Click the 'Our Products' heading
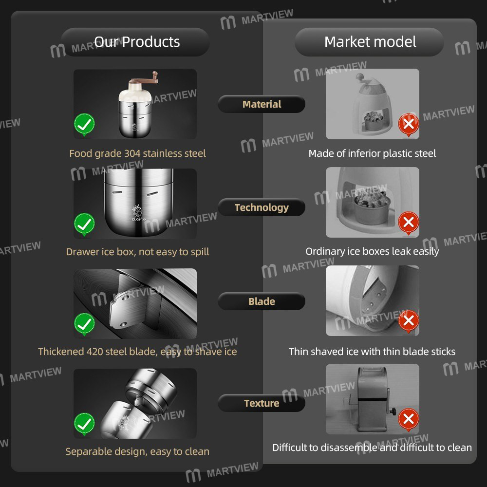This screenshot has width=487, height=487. click(137, 42)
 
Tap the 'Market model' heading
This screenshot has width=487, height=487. click(370, 42)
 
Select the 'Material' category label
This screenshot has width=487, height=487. click(262, 104)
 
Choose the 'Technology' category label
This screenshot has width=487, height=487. click(262, 207)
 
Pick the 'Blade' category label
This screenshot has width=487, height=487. click(262, 301)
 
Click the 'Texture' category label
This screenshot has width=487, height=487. click(262, 403)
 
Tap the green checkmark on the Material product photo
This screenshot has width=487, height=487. click(84, 125)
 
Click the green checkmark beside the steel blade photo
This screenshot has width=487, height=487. click(84, 324)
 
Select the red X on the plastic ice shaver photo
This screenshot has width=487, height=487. click(409, 124)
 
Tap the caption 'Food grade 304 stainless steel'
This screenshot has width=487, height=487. click(137, 153)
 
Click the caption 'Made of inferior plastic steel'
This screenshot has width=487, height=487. click(372, 153)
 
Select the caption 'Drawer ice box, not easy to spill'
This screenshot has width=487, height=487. click(137, 252)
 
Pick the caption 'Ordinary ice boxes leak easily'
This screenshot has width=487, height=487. click(372, 251)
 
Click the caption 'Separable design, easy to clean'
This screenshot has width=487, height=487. click(137, 451)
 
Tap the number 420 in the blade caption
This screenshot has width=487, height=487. click(94, 352)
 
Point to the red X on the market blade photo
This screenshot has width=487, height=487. click(409, 321)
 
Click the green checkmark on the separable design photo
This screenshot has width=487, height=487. click(84, 424)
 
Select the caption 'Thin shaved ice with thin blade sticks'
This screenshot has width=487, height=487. click(372, 352)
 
